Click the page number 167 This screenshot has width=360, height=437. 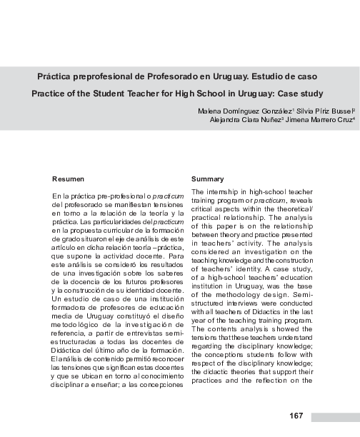(297, 416)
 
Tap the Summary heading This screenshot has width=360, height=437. (208, 179)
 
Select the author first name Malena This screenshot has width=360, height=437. (210, 111)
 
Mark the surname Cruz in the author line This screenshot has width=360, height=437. (339, 120)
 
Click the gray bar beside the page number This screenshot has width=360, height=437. (335, 416)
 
